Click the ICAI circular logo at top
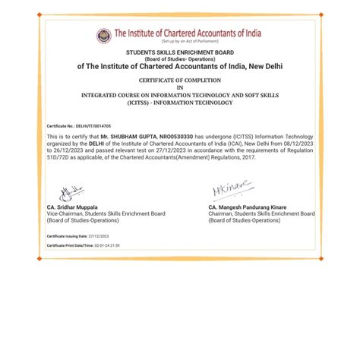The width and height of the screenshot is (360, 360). (x=103, y=36)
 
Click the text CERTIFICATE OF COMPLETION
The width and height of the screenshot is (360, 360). (x=180, y=80)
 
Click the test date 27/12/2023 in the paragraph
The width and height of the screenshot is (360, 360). (x=159, y=150)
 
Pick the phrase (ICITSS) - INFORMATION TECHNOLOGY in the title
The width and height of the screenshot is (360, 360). (x=180, y=101)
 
